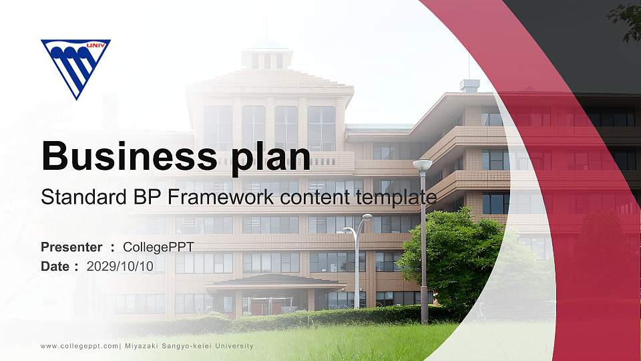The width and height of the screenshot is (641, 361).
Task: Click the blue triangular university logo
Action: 75,66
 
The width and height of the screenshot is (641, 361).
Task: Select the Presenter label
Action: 71,247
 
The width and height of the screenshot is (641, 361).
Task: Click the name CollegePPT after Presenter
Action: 158,247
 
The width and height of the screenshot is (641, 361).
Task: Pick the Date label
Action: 55,266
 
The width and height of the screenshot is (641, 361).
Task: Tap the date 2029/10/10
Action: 120,266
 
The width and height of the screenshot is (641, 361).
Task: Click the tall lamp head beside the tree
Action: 422,164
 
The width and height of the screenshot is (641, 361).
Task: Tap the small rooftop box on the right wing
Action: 469,86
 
